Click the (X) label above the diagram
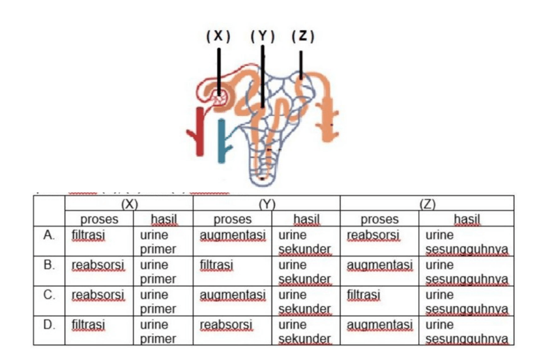click(x=218, y=36)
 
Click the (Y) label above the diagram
click(x=263, y=36)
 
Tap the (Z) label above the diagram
click(x=303, y=36)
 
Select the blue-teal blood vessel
click(x=222, y=142)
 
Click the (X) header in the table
click(x=129, y=204)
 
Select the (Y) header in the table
click(x=267, y=204)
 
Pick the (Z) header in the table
click(x=428, y=204)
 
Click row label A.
click(x=49, y=235)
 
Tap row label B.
click(x=49, y=265)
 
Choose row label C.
click(x=49, y=295)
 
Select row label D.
click(x=49, y=324)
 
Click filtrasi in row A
click(x=89, y=235)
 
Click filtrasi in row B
click(x=216, y=265)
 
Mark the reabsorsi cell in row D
click(x=226, y=325)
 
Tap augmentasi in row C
click(x=233, y=295)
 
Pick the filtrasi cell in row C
click(x=363, y=295)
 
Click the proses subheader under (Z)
click(x=379, y=219)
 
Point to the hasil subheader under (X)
click(x=164, y=219)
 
